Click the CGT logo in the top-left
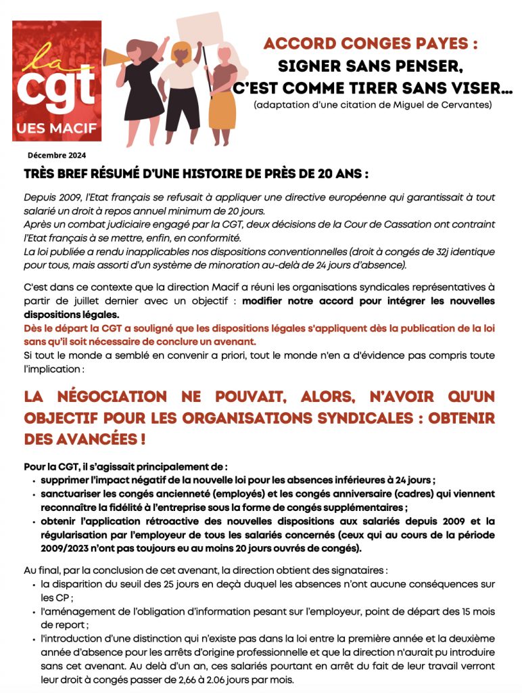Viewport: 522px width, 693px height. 57,80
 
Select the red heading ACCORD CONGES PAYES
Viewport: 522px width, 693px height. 371,44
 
